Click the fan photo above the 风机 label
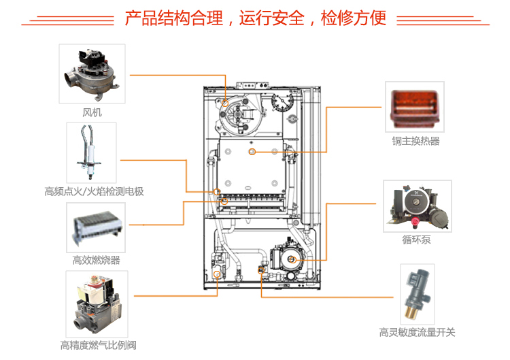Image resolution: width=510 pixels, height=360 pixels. [x=92, y=73]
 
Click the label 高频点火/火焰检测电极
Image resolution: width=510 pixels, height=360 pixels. [x=94, y=191]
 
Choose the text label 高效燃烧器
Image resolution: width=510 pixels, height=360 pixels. [x=96, y=260]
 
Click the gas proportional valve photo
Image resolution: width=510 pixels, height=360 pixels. [x=96, y=303]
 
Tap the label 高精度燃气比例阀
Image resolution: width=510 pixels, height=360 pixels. [x=96, y=345]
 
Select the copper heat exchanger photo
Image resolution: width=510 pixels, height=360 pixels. [x=415, y=108]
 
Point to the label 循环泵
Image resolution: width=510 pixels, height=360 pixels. [x=415, y=240]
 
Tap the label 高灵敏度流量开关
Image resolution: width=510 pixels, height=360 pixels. [x=417, y=332]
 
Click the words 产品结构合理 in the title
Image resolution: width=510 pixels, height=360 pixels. [x=174, y=18]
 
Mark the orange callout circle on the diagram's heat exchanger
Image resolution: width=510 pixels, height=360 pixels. [x=252, y=150]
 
